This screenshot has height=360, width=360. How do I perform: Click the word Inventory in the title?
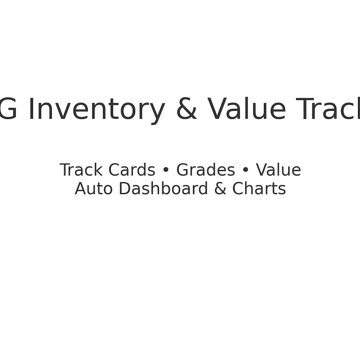coord(96,109)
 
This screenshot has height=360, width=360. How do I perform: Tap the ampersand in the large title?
coord(186,109)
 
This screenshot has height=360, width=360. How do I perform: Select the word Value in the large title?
coord(247,109)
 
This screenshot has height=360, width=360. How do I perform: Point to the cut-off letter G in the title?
coord(8,109)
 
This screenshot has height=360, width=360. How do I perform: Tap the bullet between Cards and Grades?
coord(166,171)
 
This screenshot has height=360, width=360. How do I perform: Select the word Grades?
coord(206,170)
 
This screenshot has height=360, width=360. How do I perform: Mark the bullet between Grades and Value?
coord(245,171)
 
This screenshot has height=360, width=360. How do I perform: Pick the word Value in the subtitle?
coord(279,170)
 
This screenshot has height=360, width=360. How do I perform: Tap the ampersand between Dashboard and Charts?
coord(220,189)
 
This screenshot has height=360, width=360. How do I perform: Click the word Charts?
coord(259,189)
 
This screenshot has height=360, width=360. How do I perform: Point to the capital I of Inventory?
coord(31,109)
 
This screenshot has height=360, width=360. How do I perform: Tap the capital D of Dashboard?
coord(125,189)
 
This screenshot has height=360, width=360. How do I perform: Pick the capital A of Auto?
coord(80,189)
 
